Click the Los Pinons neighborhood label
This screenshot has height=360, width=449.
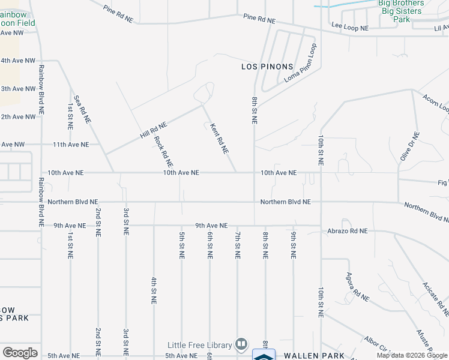pyautogui.click(x=267, y=66)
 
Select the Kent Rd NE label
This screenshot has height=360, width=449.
pyautogui.click(x=219, y=139)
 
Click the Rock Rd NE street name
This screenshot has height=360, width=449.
pyautogui.click(x=163, y=151)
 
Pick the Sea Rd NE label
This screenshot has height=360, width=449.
pyautogui.click(x=82, y=109)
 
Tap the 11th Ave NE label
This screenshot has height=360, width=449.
pyautogui.click(x=71, y=145)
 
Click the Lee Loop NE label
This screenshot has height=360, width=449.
pyautogui.click(x=348, y=26)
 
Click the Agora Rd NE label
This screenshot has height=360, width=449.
pyautogui.click(x=357, y=287)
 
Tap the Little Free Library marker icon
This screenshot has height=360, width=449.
pyautogui.click(x=241, y=344)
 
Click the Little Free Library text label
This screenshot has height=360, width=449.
pyautogui.click(x=199, y=345)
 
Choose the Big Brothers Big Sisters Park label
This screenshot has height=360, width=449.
pyautogui.click(x=401, y=11)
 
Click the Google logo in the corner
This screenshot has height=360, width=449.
pyautogui.click(x=20, y=353)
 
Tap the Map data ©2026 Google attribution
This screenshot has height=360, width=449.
pyautogui.click(x=412, y=355)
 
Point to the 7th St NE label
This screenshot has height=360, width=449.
pyautogui.click(x=238, y=244)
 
